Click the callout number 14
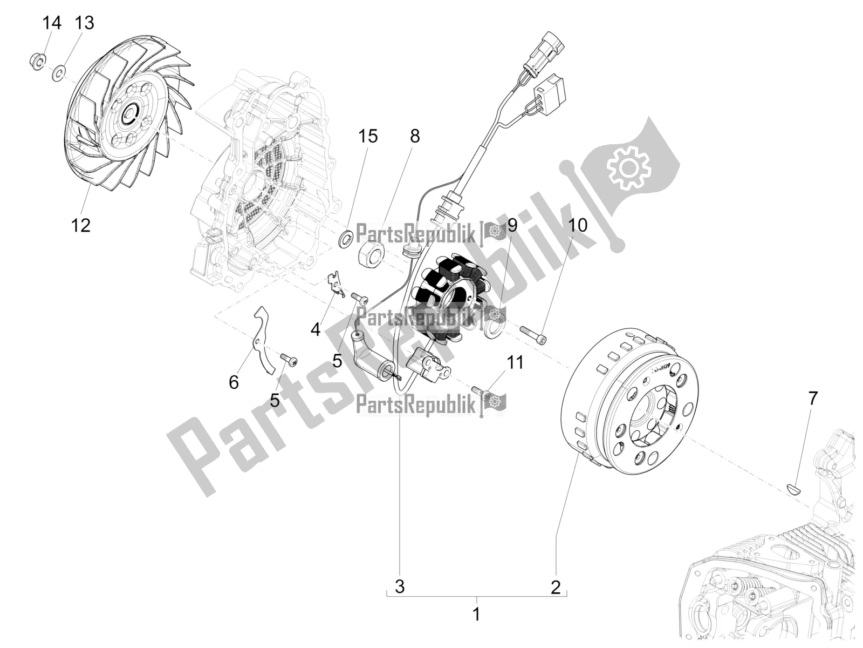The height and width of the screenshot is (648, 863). (x=52, y=23)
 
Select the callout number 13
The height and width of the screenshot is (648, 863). (x=84, y=23)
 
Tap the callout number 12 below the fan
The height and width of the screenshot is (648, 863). (x=81, y=225)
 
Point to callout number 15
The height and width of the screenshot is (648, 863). (x=368, y=137)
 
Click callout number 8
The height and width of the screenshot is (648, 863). (x=414, y=137)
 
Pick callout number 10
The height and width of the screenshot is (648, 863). (x=578, y=225)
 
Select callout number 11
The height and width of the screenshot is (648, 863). (x=516, y=362)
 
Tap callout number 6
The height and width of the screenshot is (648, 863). (x=234, y=382)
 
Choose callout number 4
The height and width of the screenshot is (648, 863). (x=316, y=329)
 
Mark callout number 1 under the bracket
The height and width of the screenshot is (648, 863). (x=476, y=614)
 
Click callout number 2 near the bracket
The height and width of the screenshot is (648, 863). (x=556, y=587)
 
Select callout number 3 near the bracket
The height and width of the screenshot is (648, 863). (x=400, y=587)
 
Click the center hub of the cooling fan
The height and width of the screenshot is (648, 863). (x=131, y=113)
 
